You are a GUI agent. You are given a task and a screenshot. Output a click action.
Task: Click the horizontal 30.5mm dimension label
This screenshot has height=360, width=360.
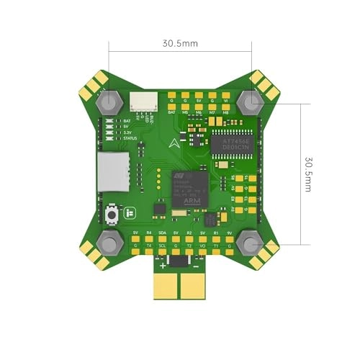[180, 43]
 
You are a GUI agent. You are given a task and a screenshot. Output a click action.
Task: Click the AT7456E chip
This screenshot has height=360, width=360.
[233, 141]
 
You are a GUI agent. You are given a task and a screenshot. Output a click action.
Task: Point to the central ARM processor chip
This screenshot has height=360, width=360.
[190, 189]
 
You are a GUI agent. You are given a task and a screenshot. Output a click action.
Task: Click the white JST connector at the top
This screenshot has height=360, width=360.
[143, 104]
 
